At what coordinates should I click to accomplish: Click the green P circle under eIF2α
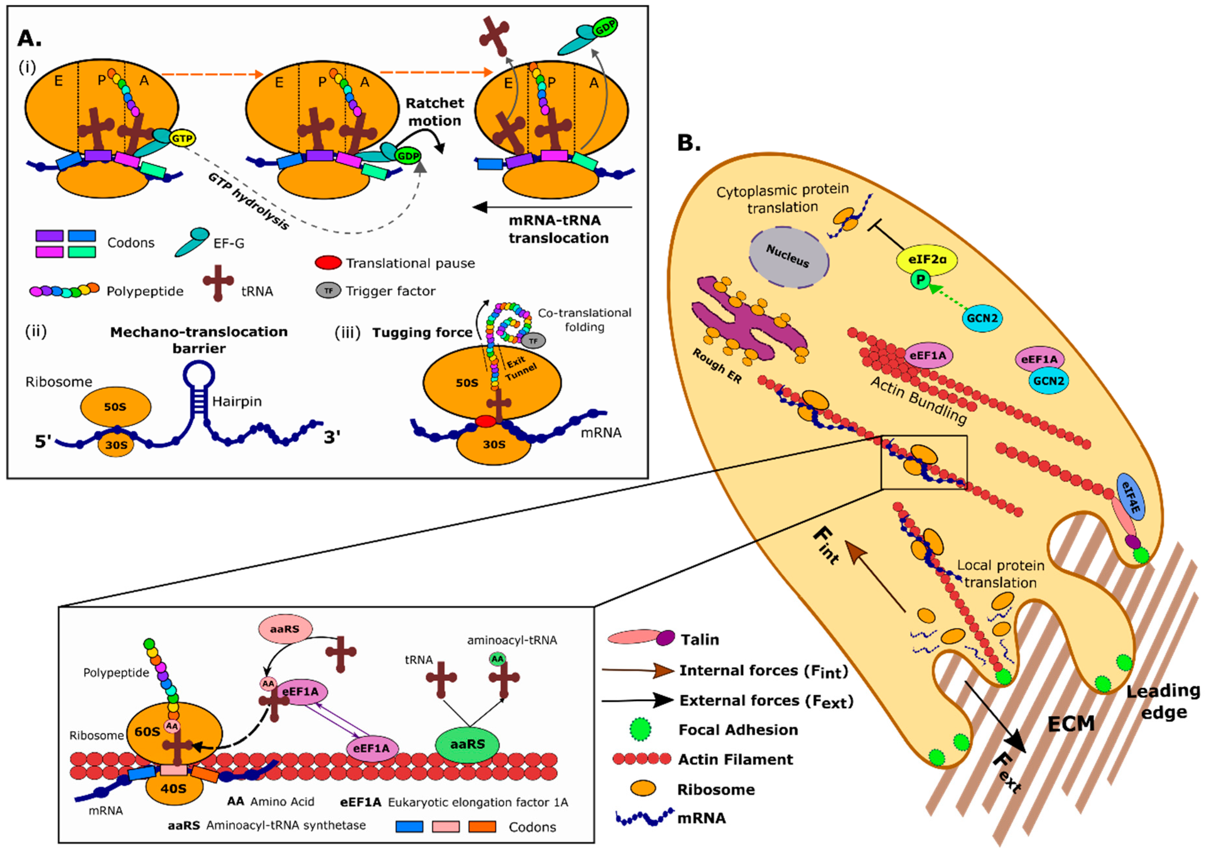[x=920, y=279]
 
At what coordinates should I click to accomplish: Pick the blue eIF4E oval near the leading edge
[x=1131, y=496]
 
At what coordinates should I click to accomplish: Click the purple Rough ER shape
[x=745, y=325]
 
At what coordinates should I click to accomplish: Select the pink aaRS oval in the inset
[x=285, y=628]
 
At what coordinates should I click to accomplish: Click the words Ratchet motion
[x=435, y=112]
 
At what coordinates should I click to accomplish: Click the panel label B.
[x=689, y=142]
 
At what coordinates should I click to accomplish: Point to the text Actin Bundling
[x=919, y=400]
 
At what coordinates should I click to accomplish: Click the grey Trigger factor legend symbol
[x=328, y=290]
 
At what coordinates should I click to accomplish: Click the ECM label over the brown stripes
[x=1071, y=724]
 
